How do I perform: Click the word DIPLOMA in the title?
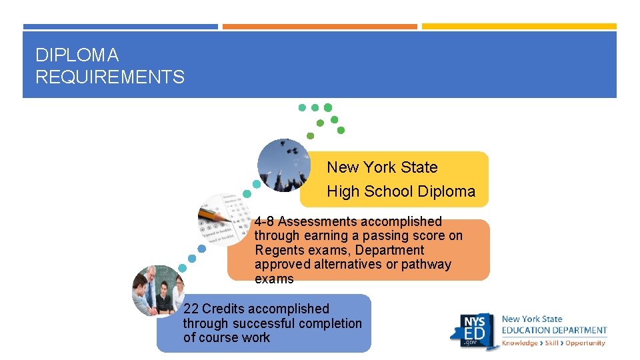tap(77, 55)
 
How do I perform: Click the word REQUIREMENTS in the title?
tap(110, 77)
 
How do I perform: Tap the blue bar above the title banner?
tap(120, 27)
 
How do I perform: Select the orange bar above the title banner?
tap(319, 27)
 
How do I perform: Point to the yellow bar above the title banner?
tap(519, 27)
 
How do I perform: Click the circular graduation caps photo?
tap(283, 165)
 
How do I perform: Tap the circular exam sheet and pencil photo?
tap(225, 219)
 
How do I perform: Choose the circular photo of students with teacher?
tap(157, 290)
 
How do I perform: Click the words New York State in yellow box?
tap(382, 167)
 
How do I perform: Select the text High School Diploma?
tap(401, 191)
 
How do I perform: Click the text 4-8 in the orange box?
tap(264, 221)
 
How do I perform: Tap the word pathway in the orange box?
tap(426, 264)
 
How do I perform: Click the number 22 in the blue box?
tap(191, 309)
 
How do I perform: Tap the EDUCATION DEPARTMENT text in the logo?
tap(554, 330)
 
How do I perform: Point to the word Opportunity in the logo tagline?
tap(585, 343)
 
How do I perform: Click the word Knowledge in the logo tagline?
tap(519, 343)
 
